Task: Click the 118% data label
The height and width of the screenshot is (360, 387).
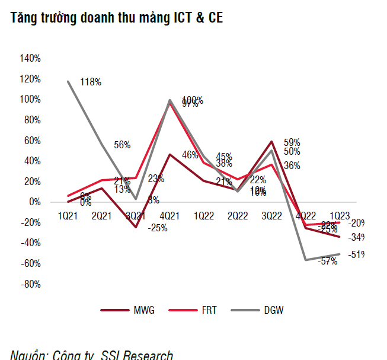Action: click(91, 82)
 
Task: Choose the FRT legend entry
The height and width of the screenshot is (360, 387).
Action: click(207, 310)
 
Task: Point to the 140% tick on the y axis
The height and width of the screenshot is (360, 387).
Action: click(30, 58)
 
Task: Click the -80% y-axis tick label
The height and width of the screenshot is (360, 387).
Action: click(31, 284)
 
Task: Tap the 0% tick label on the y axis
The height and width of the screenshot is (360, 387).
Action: click(35, 202)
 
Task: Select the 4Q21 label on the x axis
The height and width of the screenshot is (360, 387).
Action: click(169, 216)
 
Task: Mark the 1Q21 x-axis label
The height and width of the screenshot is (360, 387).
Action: click(68, 216)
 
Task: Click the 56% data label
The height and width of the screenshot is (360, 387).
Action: click(121, 144)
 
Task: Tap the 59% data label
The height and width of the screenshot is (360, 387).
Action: click(292, 142)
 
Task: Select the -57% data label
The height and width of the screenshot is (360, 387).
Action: click(328, 261)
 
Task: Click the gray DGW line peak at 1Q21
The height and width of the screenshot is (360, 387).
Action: click(68, 81)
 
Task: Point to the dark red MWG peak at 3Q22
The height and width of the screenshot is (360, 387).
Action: click(271, 142)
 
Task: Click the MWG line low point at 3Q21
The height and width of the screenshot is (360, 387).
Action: click(136, 227)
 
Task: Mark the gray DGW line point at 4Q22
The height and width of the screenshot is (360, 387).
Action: click(305, 260)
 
